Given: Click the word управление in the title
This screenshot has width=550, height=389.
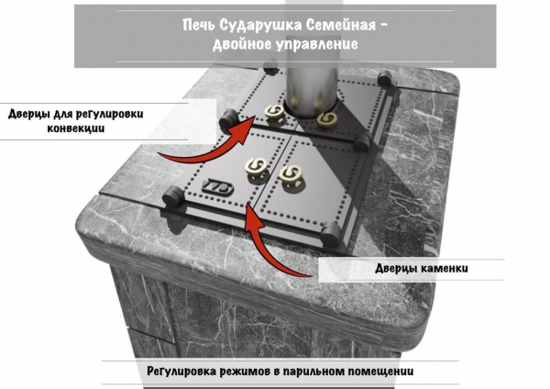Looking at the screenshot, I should [313, 44].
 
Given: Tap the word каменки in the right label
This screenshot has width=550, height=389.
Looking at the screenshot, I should [442, 269].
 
